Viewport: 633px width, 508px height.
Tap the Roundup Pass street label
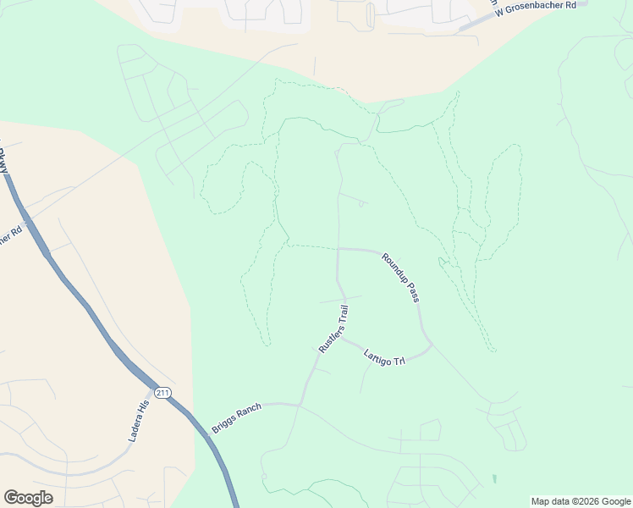point(400,278)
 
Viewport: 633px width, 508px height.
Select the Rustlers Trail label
point(333,329)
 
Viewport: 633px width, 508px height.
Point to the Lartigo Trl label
point(385,357)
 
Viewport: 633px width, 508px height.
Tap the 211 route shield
point(162,392)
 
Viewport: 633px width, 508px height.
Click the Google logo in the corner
point(28,498)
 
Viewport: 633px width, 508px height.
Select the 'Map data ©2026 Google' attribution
point(581,501)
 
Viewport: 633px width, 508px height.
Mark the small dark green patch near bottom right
point(494,479)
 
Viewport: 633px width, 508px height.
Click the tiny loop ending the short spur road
point(362,204)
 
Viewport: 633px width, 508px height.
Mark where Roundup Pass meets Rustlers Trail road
point(339,250)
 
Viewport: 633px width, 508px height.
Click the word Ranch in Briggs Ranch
point(247,414)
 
